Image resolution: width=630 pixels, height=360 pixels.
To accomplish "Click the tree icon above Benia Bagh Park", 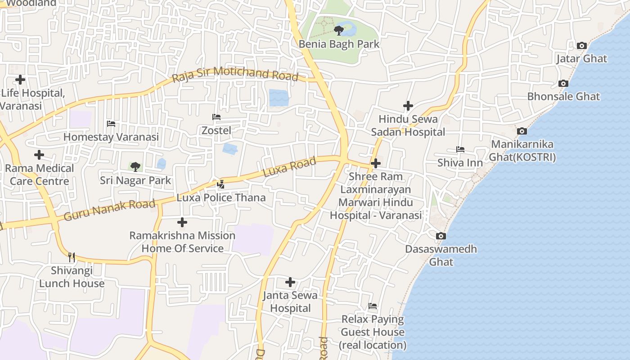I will (338, 31).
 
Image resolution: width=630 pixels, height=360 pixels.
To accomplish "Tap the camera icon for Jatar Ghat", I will (581, 45).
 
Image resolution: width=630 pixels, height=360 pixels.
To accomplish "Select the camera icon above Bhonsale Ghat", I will (563, 83).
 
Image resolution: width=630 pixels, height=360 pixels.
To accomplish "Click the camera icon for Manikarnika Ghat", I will (522, 131).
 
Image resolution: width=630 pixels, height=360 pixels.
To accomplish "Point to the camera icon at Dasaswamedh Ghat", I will (441, 236).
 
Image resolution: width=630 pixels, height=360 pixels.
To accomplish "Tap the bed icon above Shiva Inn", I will (460, 149).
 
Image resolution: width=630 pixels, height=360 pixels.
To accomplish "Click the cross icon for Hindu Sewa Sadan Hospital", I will (408, 106).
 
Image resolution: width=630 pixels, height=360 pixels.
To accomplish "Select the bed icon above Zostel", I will (216, 117).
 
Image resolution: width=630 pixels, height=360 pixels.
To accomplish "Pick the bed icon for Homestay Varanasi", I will (111, 124).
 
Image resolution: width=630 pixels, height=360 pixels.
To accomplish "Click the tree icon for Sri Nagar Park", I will (135, 167).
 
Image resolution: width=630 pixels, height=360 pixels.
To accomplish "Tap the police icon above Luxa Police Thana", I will (220, 184).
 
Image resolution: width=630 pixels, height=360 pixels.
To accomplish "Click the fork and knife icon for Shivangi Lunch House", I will (72, 257).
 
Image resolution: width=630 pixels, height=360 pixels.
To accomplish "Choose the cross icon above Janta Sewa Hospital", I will (290, 282).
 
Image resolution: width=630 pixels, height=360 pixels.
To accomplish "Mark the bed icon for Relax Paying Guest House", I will (373, 306).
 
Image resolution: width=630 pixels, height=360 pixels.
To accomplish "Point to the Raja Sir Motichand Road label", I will (235, 74).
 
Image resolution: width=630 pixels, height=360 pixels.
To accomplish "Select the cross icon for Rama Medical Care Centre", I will (39, 155).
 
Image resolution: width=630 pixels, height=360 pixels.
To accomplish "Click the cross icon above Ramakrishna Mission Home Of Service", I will (182, 222).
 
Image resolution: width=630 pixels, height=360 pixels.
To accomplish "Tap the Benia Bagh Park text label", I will (339, 44).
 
